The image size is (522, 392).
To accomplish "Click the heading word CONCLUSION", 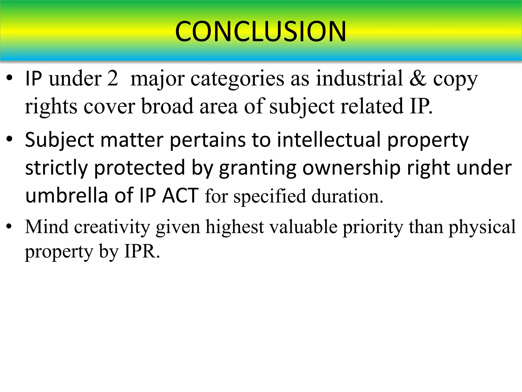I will (260, 31).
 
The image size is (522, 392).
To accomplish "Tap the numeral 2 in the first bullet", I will (112, 78).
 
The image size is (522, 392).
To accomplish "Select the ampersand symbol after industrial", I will (418, 78).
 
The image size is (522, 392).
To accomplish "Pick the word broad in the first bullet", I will (167, 106).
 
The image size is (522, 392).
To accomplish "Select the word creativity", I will (112, 227).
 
